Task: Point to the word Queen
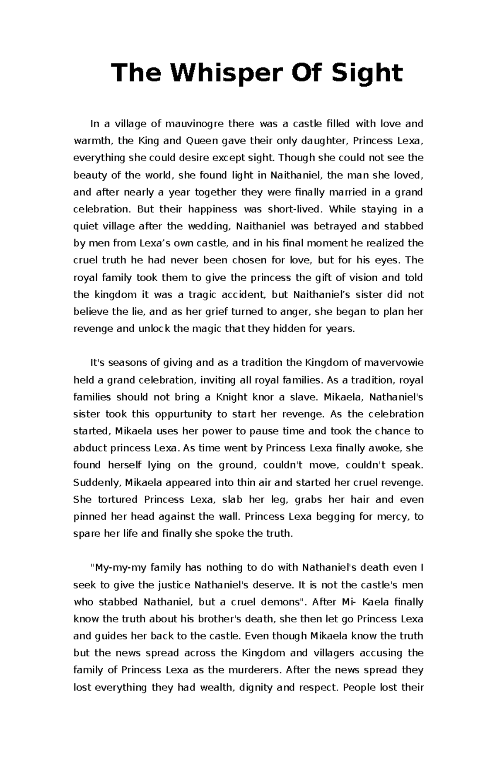pos(201,141)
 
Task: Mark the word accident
pos(244,295)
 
